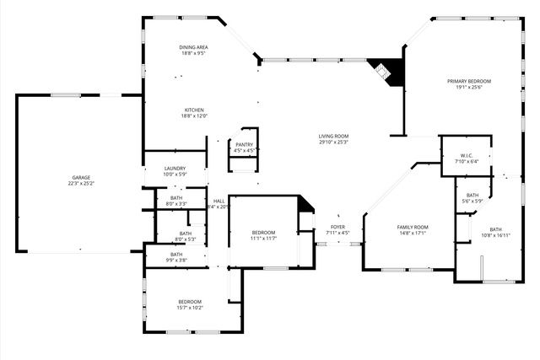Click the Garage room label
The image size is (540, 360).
pyautogui.click(x=81, y=177)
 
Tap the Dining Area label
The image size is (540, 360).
pyautogui.click(x=193, y=46)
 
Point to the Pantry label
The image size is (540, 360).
pyautogui.click(x=244, y=144)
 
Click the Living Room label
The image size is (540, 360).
pyautogui.click(x=333, y=136)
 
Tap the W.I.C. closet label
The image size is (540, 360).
pyautogui.click(x=466, y=155)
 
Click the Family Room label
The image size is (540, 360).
pyautogui.click(x=413, y=227)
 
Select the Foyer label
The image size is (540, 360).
pyautogui.click(x=337, y=227)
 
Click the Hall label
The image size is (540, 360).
pyautogui.click(x=219, y=201)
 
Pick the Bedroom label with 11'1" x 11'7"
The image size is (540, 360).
pyautogui.click(x=263, y=233)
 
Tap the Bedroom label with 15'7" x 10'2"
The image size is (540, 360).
pyautogui.click(x=189, y=302)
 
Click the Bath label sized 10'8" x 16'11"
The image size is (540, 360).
pyautogui.click(x=495, y=229)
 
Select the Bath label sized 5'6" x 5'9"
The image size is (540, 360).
pyautogui.click(x=472, y=195)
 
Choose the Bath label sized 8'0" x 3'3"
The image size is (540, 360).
pyautogui.click(x=176, y=198)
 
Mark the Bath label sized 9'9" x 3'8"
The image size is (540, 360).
pyautogui.click(x=176, y=254)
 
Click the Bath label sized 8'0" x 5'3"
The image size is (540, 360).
pyautogui.click(x=185, y=234)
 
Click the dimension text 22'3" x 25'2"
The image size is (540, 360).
pyautogui.click(x=81, y=183)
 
